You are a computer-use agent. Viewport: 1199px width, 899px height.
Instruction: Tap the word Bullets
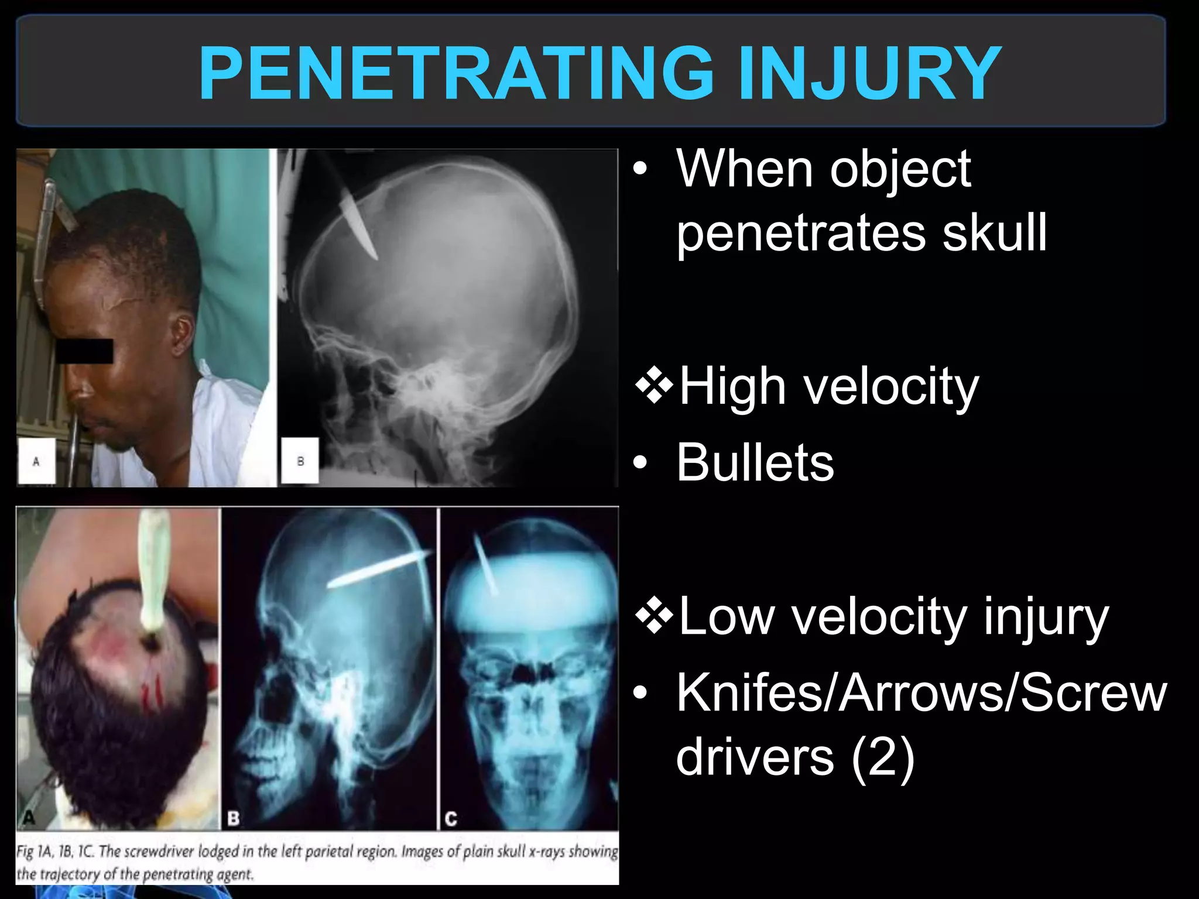(755, 462)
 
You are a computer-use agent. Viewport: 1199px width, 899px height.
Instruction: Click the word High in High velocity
(732, 386)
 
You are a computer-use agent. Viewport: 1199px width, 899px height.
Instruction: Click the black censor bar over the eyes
(84, 351)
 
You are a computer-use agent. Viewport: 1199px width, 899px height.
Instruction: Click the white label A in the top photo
(36, 461)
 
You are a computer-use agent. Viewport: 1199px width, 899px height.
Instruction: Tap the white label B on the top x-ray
(300, 461)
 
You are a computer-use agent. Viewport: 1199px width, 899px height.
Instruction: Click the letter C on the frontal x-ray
(451, 818)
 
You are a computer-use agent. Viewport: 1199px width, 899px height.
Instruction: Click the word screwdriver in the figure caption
(159, 852)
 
